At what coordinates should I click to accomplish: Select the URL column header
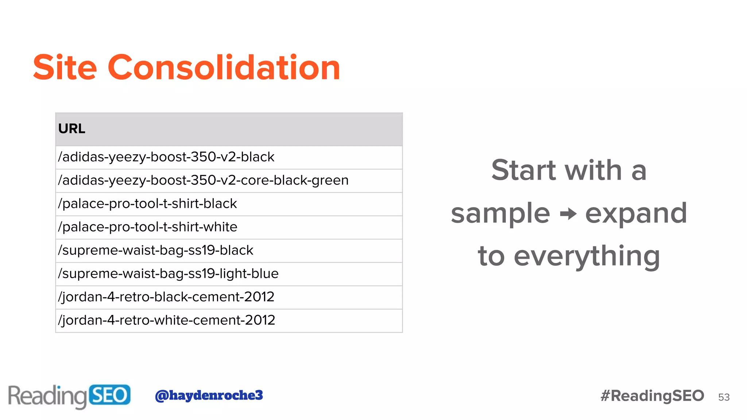pyautogui.click(x=72, y=129)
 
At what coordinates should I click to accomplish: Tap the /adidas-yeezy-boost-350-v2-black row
pyautogui.click(x=166, y=157)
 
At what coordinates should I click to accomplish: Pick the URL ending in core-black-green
pyautogui.click(x=203, y=180)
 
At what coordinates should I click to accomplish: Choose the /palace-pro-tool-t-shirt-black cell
pyautogui.click(x=147, y=204)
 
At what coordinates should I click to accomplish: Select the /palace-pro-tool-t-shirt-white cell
pyautogui.click(x=148, y=227)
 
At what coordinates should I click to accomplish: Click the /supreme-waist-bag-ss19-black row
pyautogui.click(x=155, y=250)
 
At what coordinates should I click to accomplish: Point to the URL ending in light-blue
pyautogui.click(x=168, y=274)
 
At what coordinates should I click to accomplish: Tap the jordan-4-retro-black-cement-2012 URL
pyautogui.click(x=166, y=297)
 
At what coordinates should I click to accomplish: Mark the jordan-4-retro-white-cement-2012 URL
pyautogui.click(x=166, y=320)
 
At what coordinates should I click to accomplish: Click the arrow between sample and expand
pyautogui.click(x=568, y=214)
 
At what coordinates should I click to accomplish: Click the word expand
pyautogui.click(x=636, y=214)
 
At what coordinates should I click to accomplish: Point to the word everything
pyautogui.click(x=587, y=257)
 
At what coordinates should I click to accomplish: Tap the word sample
pyautogui.click(x=500, y=214)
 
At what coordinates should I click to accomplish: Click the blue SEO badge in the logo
pyautogui.click(x=109, y=395)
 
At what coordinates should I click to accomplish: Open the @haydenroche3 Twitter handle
pyautogui.click(x=209, y=395)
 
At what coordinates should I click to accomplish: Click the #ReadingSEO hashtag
pyautogui.click(x=652, y=396)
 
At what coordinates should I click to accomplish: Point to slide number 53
pyautogui.click(x=724, y=397)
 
